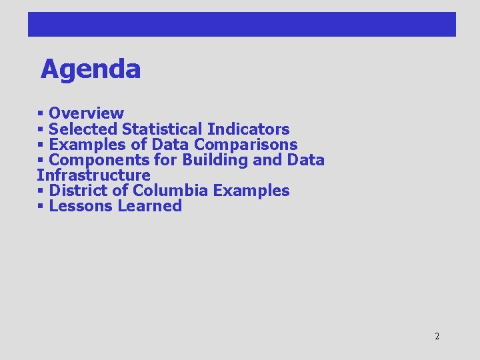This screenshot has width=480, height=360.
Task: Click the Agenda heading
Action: (x=91, y=69)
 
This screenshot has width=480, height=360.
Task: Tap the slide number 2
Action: (x=437, y=336)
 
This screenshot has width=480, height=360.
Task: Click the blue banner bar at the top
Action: (x=241, y=24)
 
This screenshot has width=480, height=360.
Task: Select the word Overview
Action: (x=86, y=113)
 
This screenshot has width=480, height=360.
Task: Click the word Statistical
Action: (x=163, y=129)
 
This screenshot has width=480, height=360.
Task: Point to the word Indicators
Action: (x=248, y=129)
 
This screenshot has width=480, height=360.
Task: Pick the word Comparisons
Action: (x=245, y=144)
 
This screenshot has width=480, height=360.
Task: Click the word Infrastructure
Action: (x=93, y=175)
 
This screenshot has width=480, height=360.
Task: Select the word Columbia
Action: (x=171, y=191)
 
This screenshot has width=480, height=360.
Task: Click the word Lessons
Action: (x=81, y=206)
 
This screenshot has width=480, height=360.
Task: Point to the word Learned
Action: (x=149, y=206)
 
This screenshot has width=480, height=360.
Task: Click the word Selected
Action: (x=83, y=129)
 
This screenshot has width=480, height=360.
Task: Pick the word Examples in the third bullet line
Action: (x=83, y=144)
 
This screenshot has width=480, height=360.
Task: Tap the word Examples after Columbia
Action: (x=251, y=191)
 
